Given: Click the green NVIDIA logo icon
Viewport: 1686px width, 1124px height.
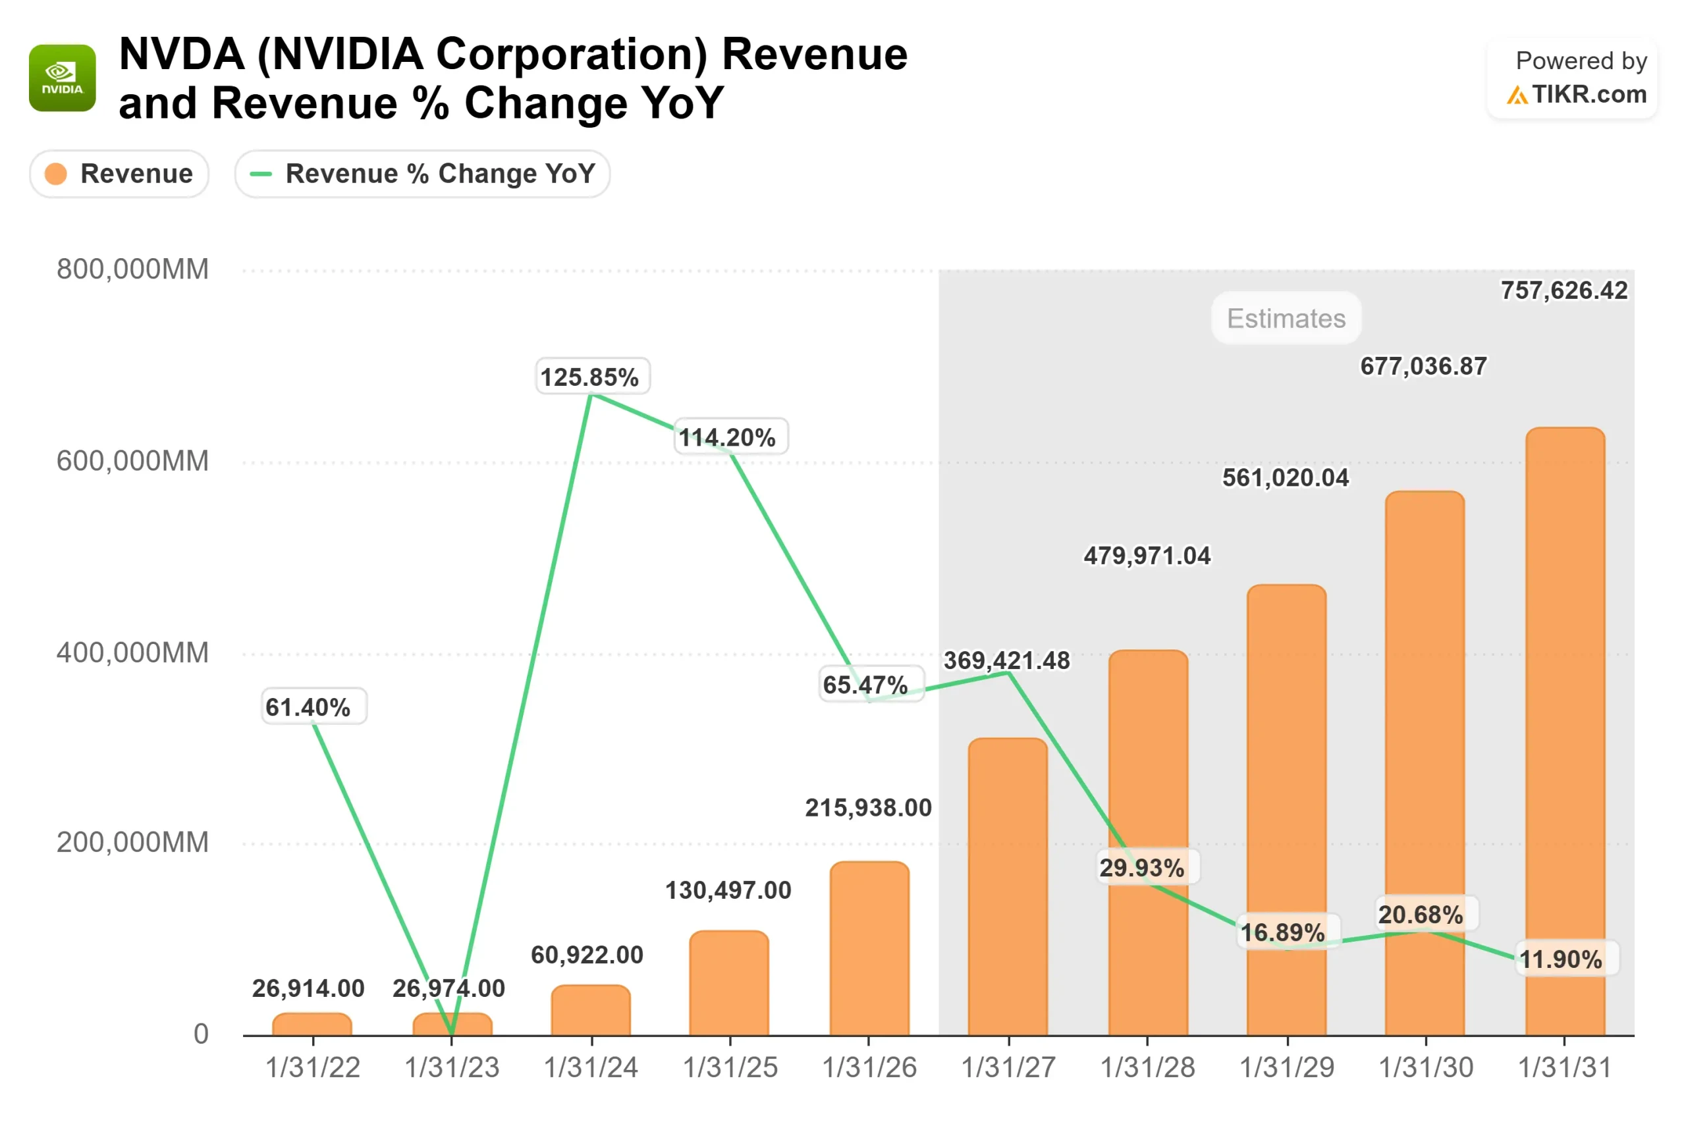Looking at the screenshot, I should coord(63,78).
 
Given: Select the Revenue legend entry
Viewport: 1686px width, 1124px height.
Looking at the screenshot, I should coord(119,173).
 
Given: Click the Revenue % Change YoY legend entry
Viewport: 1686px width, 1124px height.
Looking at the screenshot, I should coord(422,173).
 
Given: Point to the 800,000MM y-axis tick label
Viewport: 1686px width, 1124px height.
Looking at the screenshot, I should coord(132,269).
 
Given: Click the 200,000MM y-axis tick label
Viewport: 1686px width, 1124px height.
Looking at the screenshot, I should coord(132,842).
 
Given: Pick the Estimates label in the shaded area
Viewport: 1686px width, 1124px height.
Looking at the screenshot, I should coord(1286,318).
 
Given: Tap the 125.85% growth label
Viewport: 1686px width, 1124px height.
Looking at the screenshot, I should coord(589,377).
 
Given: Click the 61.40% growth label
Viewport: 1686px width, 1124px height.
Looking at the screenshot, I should coord(308,707).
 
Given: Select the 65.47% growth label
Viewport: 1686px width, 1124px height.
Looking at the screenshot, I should coord(865,685).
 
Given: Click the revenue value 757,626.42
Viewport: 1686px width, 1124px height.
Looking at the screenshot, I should coord(1564,290).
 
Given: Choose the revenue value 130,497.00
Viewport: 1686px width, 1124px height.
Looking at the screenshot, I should coord(728,890).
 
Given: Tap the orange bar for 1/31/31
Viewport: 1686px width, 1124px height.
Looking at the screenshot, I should coord(1565,731).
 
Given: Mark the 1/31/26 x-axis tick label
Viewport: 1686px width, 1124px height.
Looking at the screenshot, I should coord(869,1067).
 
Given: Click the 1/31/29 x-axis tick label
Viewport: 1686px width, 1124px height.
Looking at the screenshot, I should coord(1287,1067).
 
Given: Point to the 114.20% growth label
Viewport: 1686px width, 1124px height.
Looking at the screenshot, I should coord(727,437).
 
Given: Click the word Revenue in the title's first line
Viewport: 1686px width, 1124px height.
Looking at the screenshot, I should coord(814,55).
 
